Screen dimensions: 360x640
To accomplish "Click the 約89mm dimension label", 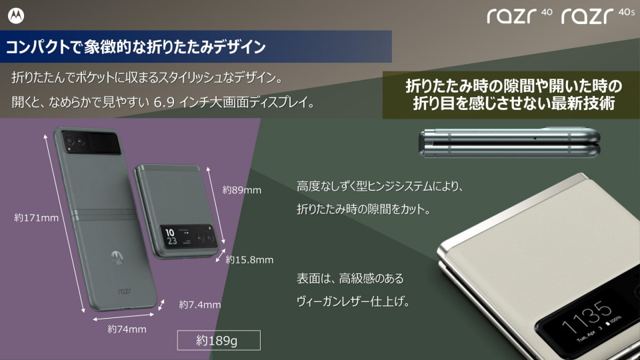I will (241, 190).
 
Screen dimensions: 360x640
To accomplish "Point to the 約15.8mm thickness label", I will (249, 259).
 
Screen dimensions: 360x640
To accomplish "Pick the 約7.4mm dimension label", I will (199, 305).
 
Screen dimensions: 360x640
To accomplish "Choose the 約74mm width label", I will (127, 329).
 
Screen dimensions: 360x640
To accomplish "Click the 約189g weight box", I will (217, 341).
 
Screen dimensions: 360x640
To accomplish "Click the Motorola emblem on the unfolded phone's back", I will (117, 255).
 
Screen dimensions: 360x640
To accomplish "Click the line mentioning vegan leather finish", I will (353, 301).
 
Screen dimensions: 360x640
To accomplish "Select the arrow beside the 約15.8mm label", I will (220, 257).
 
